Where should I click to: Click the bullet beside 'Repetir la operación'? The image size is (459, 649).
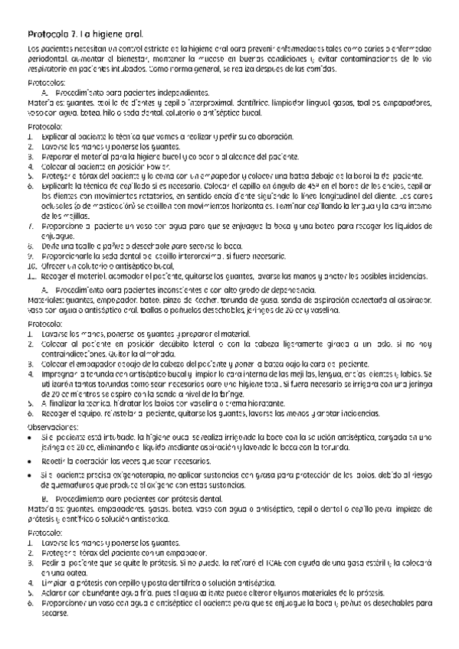29,462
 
